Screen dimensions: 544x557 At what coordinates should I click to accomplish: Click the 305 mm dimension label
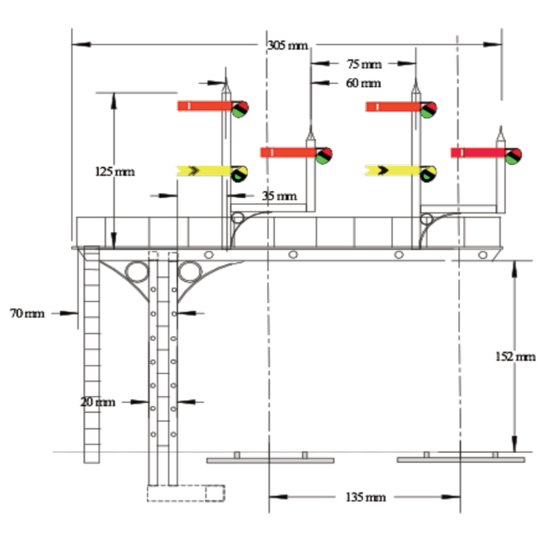tap(287, 45)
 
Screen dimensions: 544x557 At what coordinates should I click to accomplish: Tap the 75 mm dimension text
tap(364, 64)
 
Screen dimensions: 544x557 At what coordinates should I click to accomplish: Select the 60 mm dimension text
tap(363, 83)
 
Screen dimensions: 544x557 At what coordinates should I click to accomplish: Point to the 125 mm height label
tap(115, 171)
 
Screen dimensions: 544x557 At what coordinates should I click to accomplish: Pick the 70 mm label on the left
tap(27, 313)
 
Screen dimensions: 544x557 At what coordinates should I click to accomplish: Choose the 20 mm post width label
tap(98, 402)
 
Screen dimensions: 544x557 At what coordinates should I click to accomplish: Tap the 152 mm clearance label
tap(515, 356)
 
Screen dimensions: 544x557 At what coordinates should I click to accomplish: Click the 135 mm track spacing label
tap(365, 497)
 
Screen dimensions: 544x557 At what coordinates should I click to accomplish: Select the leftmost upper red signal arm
tap(204, 106)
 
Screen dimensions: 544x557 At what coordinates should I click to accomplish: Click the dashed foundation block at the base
tap(186, 493)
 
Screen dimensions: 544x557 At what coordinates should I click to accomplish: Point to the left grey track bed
tap(270, 460)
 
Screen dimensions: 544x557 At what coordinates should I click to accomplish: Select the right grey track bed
tap(461, 460)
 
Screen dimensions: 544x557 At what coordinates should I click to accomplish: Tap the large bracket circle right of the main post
tap(190, 272)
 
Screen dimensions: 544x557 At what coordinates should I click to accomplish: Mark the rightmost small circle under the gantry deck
tap(483, 255)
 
